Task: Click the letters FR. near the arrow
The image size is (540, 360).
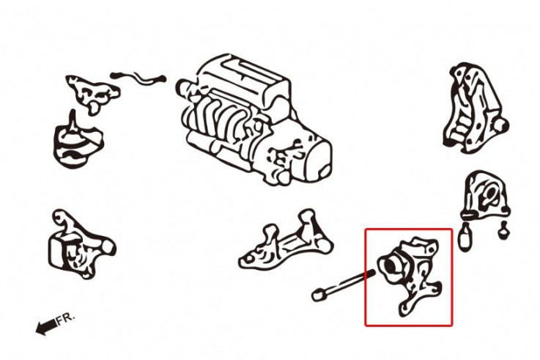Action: coord(65,319)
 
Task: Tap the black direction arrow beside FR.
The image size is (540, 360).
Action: coord(45,326)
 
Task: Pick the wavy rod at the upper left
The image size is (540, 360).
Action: coord(138,78)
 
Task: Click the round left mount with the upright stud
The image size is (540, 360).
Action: coord(78,142)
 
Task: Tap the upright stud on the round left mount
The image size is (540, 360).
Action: coord(73,120)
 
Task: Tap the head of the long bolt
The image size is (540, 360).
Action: coord(319,295)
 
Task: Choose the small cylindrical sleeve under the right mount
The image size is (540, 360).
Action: coord(465,238)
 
